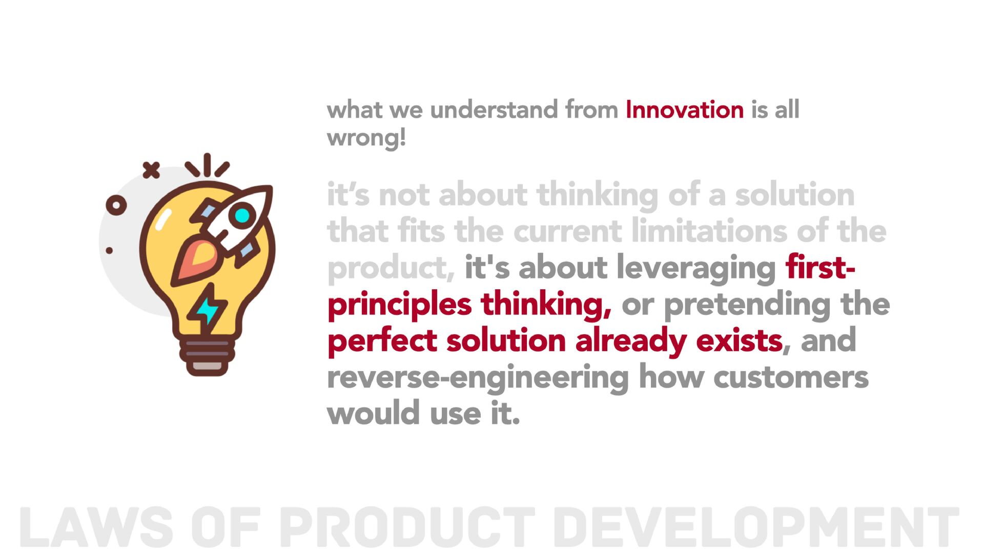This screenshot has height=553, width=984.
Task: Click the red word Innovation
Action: click(685, 110)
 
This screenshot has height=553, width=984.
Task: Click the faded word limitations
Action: click(709, 231)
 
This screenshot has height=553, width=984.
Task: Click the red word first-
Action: click(821, 267)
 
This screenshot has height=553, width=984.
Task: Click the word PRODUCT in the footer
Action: click(407, 527)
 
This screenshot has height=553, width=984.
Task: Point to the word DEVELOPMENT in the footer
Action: click(756, 527)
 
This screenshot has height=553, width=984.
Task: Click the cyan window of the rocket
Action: click(242, 215)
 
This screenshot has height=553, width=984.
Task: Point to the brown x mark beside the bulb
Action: click(151, 169)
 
